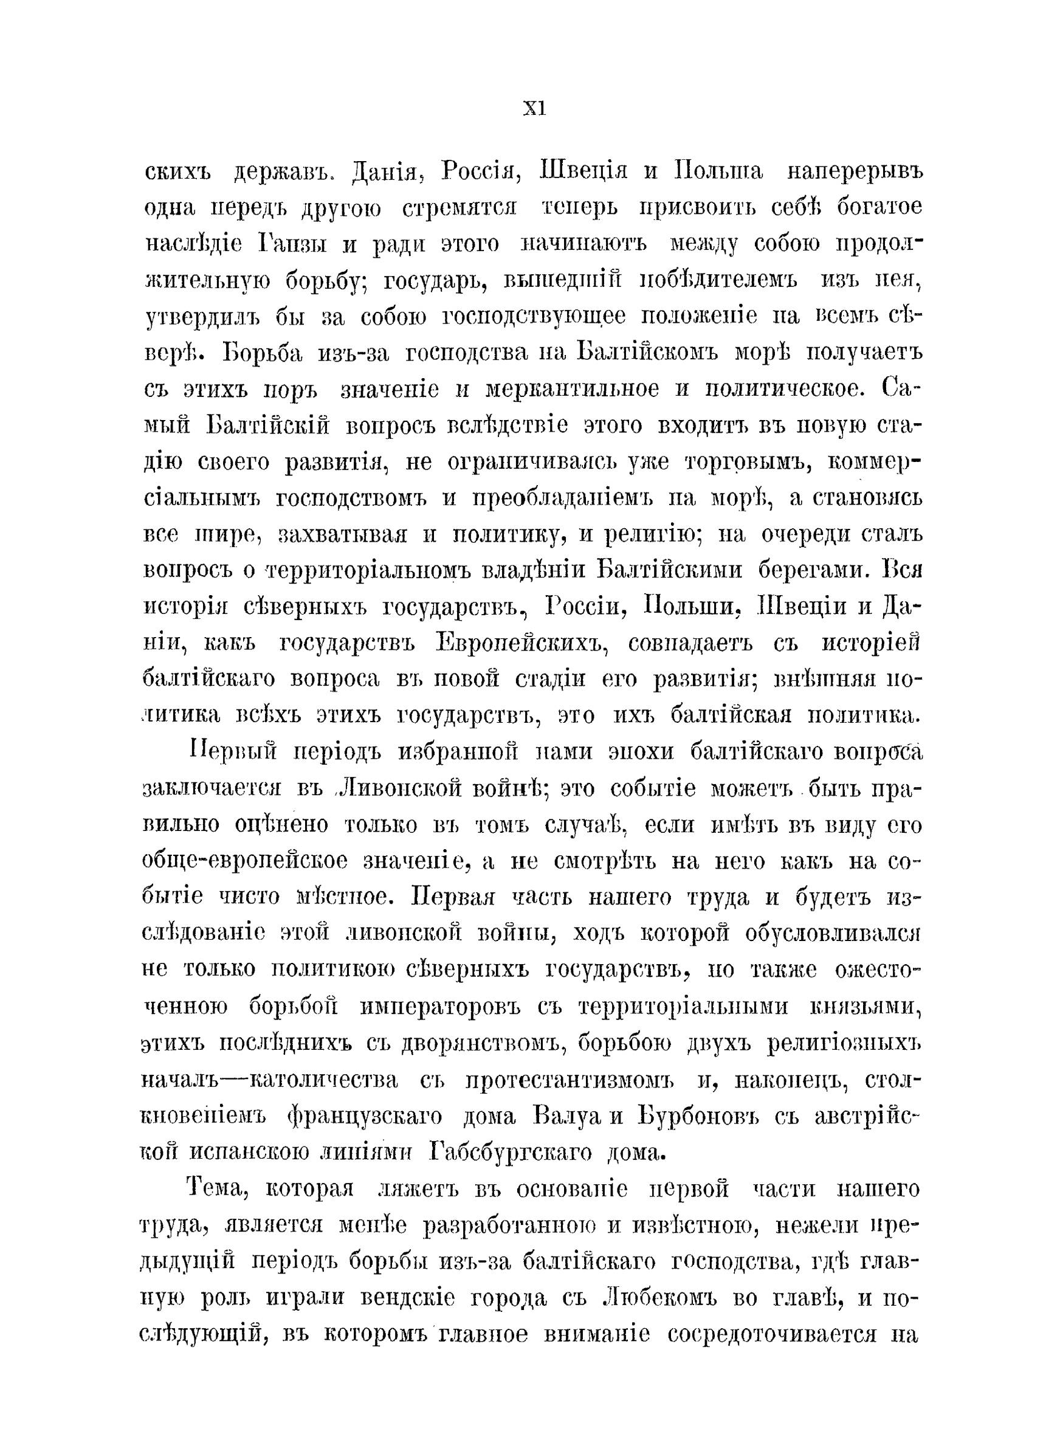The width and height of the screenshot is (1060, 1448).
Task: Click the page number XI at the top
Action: click(533, 109)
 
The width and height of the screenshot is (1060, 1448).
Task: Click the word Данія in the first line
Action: click(381, 173)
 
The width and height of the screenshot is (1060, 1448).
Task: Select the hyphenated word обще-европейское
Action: click(244, 861)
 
